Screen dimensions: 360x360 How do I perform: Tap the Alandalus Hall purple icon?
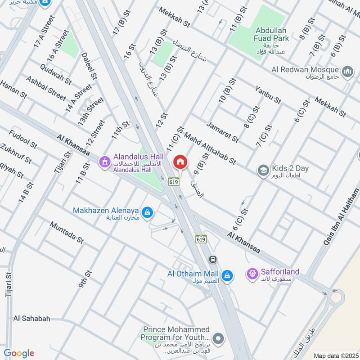[105, 161]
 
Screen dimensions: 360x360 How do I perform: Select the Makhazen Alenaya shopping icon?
[147, 211]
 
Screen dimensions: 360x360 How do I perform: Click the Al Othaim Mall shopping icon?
[227, 274]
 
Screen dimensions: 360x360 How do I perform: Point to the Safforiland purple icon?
[252, 273]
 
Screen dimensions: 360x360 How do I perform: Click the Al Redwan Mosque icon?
[347, 71]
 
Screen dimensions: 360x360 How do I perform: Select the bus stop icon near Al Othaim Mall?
[213, 260]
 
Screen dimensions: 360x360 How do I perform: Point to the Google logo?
[19, 353]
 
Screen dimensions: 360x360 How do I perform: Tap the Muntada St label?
[67, 232]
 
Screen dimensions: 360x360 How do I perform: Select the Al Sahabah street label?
[31, 319]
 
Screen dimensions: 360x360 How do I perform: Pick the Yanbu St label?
[268, 94]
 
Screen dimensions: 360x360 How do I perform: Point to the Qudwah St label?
[55, 75]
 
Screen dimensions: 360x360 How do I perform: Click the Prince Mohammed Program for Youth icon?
[218, 338]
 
